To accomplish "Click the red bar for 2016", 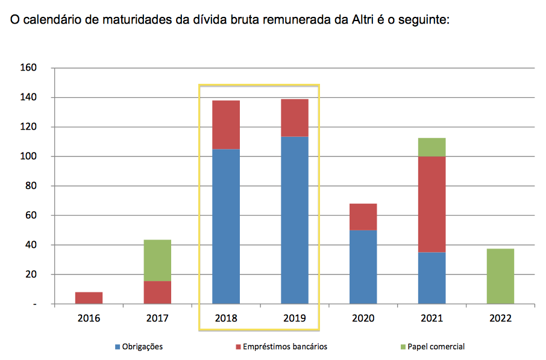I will click(89, 298).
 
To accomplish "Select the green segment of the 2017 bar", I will click(157, 260).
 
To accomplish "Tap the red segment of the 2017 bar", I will click(157, 292).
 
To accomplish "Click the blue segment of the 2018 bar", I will click(226, 226).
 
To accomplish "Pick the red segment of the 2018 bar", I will click(226, 124).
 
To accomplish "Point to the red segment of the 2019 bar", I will click(295, 118).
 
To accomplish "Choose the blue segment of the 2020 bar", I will click(363, 267).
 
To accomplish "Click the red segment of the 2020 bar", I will click(363, 216).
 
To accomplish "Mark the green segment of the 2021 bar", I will click(432, 147).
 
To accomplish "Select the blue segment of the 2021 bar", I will click(432, 278).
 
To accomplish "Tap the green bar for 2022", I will click(501, 276).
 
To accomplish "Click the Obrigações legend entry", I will click(138, 347).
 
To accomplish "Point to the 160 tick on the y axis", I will click(30, 68).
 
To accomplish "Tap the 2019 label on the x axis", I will click(295, 318).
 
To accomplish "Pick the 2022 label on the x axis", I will click(501, 318).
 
